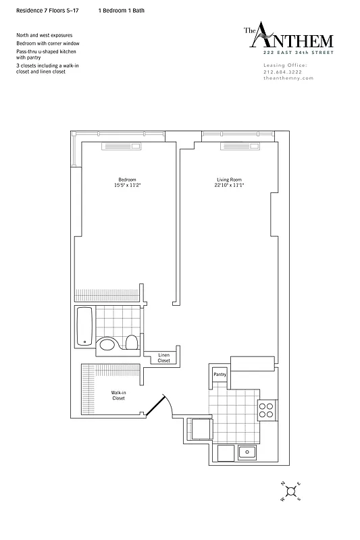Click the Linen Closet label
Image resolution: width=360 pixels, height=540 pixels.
click(x=164, y=358)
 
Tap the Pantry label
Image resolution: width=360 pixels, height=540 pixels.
click(x=220, y=374)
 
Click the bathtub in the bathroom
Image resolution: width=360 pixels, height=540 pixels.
click(x=84, y=326)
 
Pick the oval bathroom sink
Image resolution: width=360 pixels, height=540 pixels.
click(x=107, y=346)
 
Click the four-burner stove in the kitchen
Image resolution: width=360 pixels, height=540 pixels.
click(x=267, y=410)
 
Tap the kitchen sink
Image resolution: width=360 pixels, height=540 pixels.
click(x=248, y=452)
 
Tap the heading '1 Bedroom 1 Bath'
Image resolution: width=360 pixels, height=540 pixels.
click(x=121, y=11)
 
